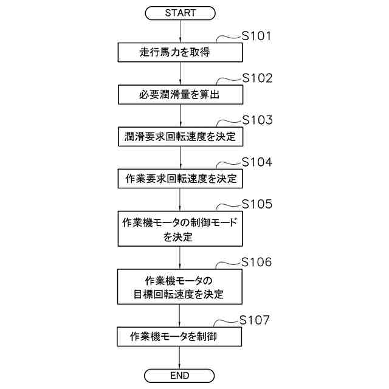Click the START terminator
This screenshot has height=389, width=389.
coord(180,12)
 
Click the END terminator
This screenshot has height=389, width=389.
coord(180,375)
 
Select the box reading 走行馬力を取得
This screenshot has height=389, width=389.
coord(180,52)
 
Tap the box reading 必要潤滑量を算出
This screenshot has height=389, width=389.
coord(180,94)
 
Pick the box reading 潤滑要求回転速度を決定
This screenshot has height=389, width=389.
coord(180,136)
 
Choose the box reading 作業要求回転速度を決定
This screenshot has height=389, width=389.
coord(180,178)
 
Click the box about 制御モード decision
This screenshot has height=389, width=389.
coord(180,228)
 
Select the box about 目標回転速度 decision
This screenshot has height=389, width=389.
coord(180,287)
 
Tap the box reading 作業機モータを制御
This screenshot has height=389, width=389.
coord(180,336)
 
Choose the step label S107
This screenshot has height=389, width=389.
coord(254,320)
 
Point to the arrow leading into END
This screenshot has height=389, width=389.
coord(180,357)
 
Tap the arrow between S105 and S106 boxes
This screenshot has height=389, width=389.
coord(180,258)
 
